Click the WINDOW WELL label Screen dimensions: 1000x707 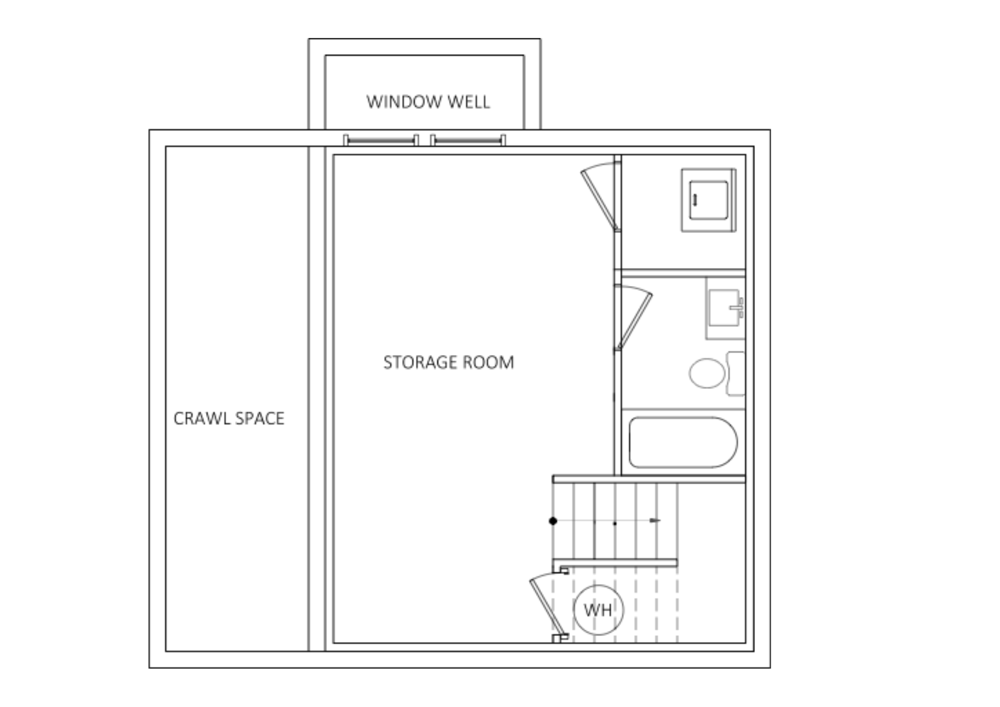[x=428, y=102]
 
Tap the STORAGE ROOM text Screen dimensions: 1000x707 [x=448, y=362]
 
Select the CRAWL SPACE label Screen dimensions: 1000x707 [x=229, y=418]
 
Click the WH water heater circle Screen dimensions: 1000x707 [x=598, y=610]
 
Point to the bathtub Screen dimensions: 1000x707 [x=683, y=442]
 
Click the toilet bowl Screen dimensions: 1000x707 [x=707, y=373]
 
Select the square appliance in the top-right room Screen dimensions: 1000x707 [x=708, y=200]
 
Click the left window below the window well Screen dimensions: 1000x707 [x=381, y=140]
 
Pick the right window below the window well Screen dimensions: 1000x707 [x=468, y=140]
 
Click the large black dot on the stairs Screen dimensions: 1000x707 [x=553, y=521]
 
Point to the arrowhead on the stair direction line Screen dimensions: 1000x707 [x=655, y=521]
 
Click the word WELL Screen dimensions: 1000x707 [x=468, y=102]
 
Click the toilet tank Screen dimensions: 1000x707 [x=735, y=373]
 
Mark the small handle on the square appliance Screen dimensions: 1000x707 [x=694, y=199]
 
